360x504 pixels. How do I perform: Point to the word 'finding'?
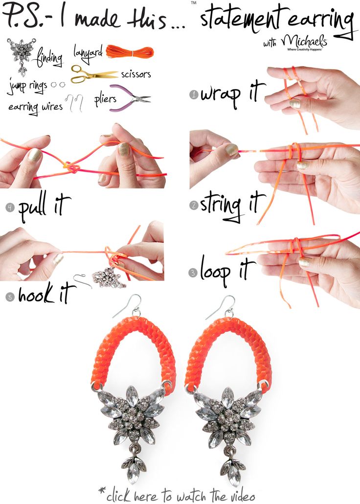point(49,59)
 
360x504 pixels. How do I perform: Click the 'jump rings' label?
point(27,87)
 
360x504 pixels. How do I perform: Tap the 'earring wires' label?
point(35,106)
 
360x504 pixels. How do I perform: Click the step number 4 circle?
point(9,207)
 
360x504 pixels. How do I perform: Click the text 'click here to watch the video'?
point(179,495)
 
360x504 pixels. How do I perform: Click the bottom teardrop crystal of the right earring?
point(229,473)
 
